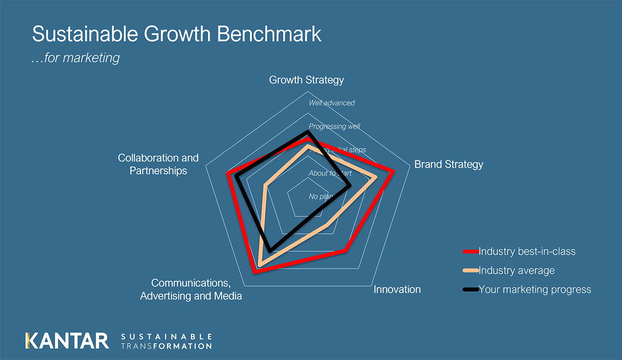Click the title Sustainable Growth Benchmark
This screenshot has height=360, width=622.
(177, 34)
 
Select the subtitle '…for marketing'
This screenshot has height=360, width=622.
(75, 58)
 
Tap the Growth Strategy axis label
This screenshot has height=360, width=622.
(306, 80)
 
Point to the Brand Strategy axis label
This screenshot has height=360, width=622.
(449, 164)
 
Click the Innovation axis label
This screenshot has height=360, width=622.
(397, 289)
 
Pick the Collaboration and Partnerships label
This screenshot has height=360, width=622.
(158, 164)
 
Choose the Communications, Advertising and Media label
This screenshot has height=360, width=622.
(191, 289)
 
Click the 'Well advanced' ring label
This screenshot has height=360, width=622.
(332, 103)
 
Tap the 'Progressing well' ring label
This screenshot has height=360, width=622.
(334, 126)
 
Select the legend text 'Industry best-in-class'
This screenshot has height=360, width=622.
(527, 251)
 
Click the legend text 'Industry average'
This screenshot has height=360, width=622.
(516, 270)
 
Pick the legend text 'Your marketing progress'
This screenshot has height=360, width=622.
(535, 289)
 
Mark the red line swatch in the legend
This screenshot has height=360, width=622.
(471, 251)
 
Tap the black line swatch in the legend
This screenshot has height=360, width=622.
(471, 289)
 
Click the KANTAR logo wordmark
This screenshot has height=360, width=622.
(67, 341)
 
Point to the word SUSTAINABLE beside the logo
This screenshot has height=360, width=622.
(167, 336)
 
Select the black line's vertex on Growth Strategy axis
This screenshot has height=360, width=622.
(308, 132)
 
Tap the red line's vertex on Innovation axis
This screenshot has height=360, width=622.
(345, 250)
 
